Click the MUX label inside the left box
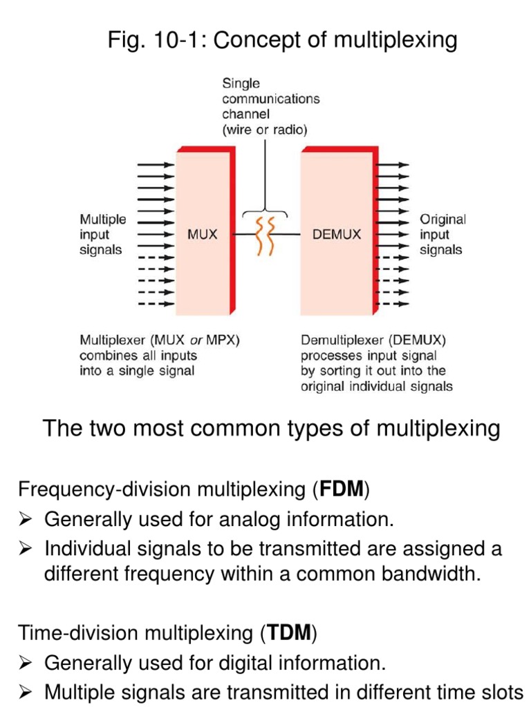coord(202,235)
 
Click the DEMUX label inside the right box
coord(336,235)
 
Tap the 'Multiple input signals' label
coord(103,235)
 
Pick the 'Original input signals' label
coord(443,235)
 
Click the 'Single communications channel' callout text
coord(270,106)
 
